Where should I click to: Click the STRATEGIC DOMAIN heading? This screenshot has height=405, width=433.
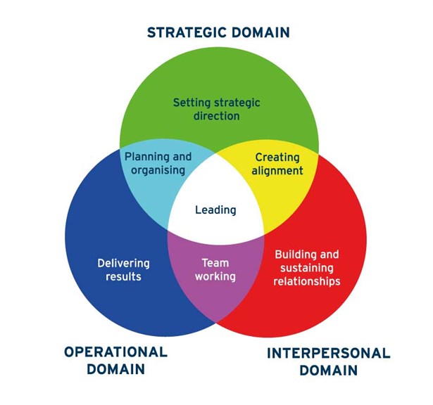(218, 32)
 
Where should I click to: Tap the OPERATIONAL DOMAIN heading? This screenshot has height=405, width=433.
(115, 360)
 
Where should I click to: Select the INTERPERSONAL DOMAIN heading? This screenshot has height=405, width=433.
(327, 361)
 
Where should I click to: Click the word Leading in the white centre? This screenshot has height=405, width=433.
(215, 210)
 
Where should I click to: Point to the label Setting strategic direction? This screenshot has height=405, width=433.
(216, 109)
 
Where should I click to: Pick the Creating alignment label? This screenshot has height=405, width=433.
(277, 164)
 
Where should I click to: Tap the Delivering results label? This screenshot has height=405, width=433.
(123, 270)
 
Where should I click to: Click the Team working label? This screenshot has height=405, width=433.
(215, 270)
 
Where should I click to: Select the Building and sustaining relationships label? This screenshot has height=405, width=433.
(307, 267)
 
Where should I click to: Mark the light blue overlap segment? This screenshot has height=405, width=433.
(151, 186)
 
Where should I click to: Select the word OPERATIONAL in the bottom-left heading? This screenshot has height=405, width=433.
(115, 352)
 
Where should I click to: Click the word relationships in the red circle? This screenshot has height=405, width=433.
(307, 281)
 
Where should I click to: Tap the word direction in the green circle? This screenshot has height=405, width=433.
(216, 115)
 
